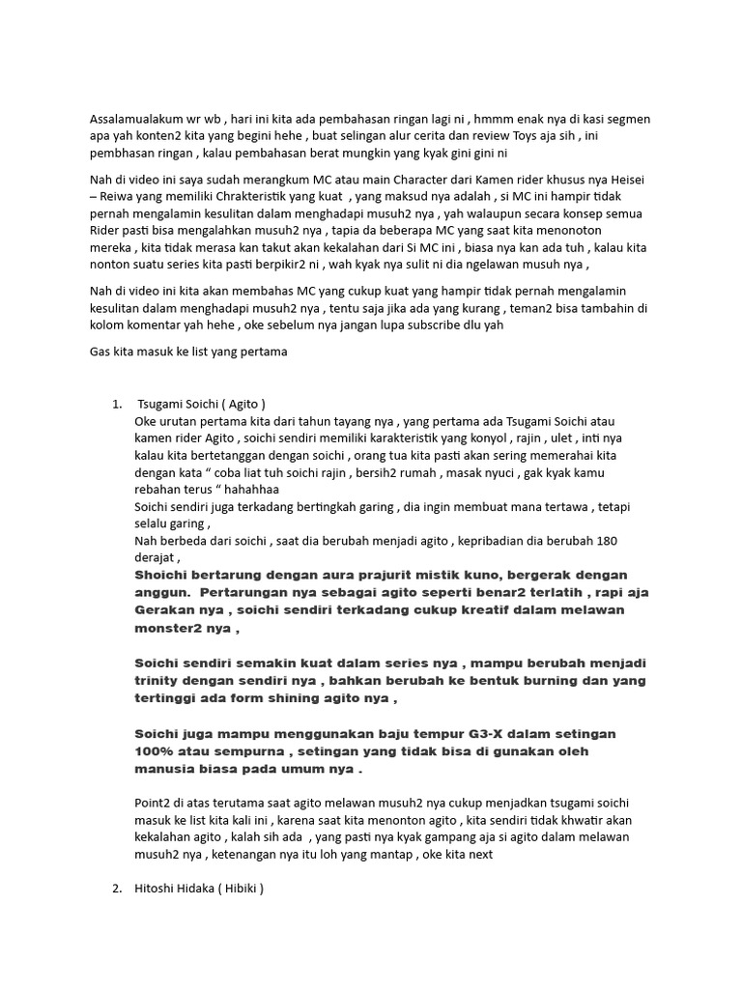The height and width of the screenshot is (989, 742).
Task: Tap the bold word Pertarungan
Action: pyautogui.click(x=253, y=591)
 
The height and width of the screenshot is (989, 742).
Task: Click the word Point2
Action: pyautogui.click(x=156, y=804)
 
